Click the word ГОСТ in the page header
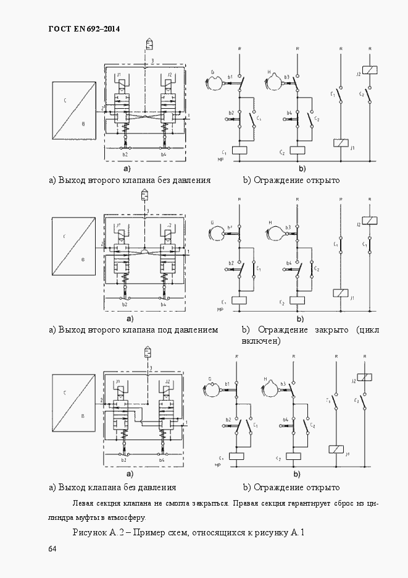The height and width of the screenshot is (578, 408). pos(60,29)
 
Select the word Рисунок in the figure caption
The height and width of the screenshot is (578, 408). pos(93,533)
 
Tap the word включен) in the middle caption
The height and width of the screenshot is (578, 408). pos(262,341)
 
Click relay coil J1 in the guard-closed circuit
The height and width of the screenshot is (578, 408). pos(340,292)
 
